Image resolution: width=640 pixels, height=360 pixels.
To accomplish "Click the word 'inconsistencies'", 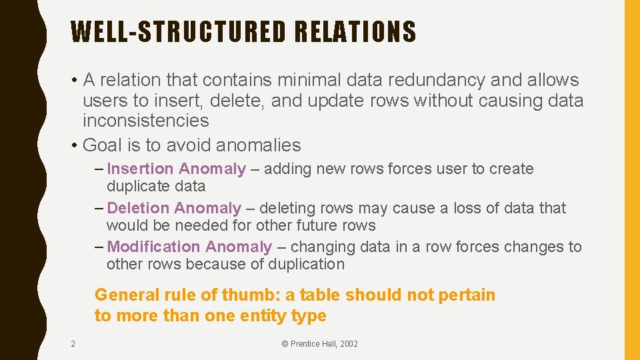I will pos(145,121).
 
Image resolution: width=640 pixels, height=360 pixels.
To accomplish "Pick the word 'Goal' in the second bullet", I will pos(103,145).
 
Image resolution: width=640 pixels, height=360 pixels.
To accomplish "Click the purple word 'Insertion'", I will pos(140,169).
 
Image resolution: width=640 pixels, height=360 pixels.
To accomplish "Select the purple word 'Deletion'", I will pos(138,208).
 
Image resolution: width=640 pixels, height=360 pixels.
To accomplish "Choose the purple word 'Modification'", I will pos(153,247).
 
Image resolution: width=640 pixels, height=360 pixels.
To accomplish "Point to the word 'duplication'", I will pos(306,264).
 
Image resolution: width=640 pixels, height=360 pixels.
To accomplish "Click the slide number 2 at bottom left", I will pos(73,344).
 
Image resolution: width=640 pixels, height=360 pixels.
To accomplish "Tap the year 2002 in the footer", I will pos(347,344).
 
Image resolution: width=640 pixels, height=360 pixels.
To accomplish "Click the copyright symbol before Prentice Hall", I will pos(285,344).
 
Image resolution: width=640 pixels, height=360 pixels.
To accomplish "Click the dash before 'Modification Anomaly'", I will pos(99,247).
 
